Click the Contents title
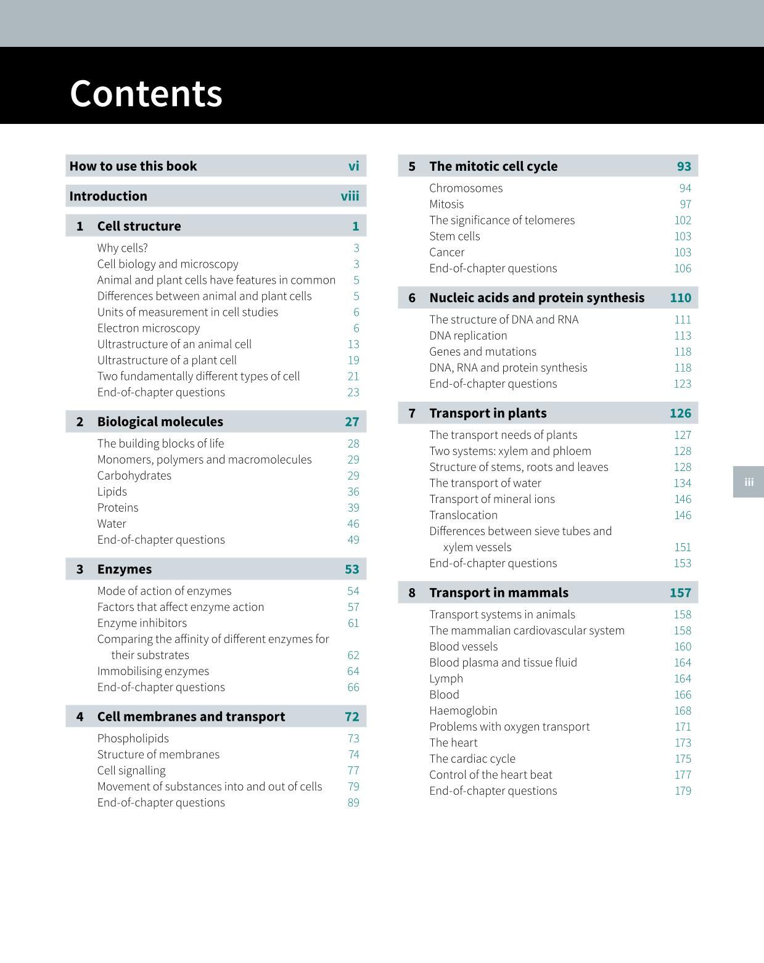click(146, 94)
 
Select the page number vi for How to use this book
click(353, 166)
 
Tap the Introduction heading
click(109, 196)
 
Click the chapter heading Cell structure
click(139, 226)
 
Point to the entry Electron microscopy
click(149, 328)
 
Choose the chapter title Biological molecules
click(160, 422)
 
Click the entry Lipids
click(112, 491)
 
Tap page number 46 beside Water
click(353, 523)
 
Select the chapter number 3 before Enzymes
click(80, 569)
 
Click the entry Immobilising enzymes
click(153, 671)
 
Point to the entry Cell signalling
click(131, 771)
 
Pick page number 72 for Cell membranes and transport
click(351, 716)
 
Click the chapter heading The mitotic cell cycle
click(493, 166)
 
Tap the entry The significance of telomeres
click(502, 220)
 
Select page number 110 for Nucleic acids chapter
click(681, 298)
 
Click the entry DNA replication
click(468, 335)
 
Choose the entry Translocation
click(463, 515)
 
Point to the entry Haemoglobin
click(463, 710)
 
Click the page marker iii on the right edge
click(749, 482)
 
